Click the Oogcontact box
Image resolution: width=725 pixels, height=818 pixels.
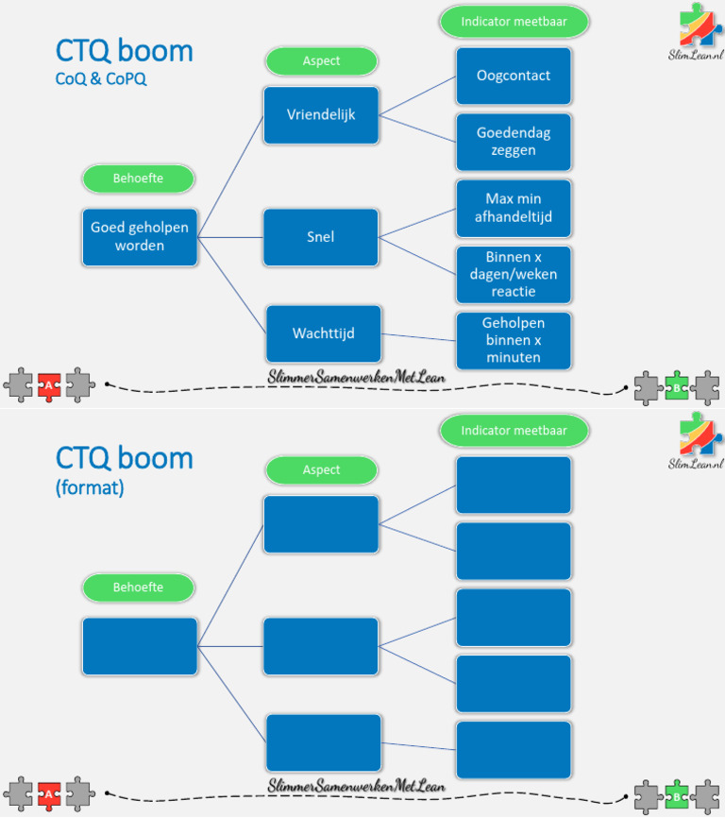tap(514, 76)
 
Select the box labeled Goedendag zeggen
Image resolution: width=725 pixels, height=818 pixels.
tap(514, 142)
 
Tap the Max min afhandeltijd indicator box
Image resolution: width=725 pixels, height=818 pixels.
tap(514, 208)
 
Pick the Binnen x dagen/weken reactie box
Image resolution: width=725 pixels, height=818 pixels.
tap(514, 274)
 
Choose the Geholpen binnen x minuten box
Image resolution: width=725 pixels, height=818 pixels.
tap(514, 340)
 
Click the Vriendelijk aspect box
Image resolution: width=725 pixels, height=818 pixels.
tap(321, 115)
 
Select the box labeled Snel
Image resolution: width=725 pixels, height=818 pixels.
tap(321, 237)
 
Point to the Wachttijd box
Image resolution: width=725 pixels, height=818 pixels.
tap(324, 333)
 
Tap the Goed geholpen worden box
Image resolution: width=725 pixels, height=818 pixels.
tap(140, 237)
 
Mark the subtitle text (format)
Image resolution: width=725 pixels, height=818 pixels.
tap(90, 489)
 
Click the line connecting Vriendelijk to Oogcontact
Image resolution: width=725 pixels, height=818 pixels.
tap(417, 95)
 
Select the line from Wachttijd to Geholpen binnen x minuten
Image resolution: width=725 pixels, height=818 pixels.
tap(418, 337)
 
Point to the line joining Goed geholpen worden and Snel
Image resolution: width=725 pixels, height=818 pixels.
tap(230, 237)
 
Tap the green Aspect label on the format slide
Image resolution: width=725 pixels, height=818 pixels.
tap(321, 469)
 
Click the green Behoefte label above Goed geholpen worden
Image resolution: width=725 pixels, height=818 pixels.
tap(139, 178)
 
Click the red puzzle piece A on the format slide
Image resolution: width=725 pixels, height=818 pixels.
tap(49, 795)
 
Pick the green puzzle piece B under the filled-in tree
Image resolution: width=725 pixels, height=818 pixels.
tap(676, 386)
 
